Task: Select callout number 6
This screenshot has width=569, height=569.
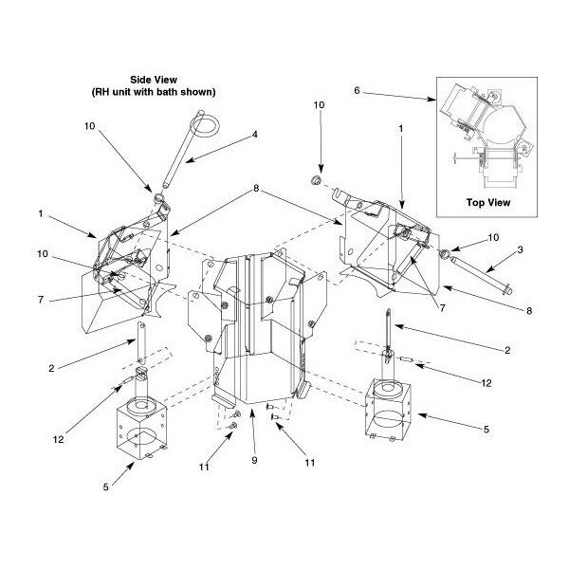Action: point(358,92)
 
